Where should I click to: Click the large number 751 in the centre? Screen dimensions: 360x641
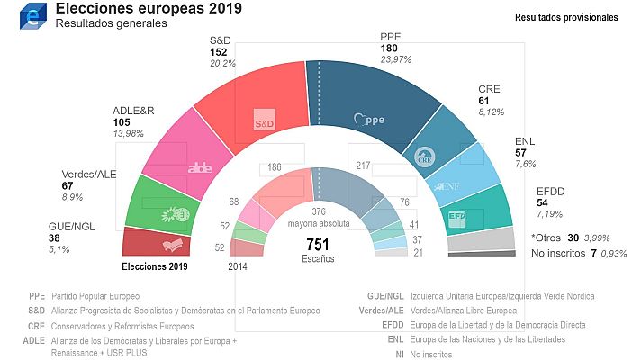320,244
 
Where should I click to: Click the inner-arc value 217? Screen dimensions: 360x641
365,166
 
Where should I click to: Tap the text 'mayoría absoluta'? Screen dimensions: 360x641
320,223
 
